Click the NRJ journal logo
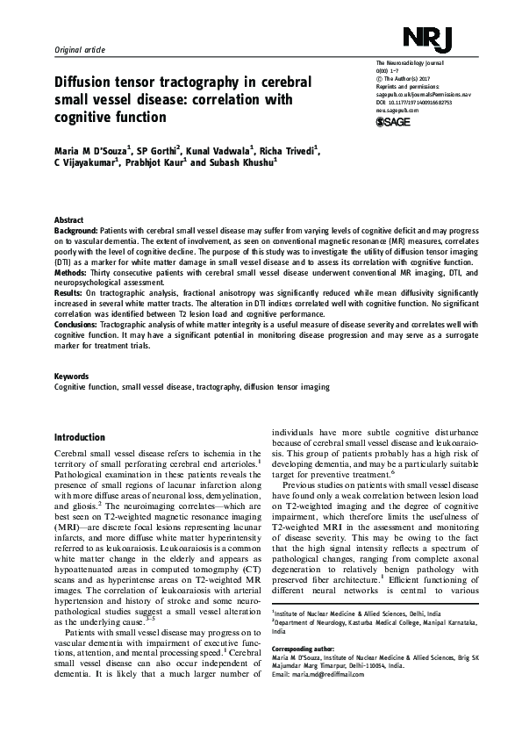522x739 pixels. pyautogui.click(x=433, y=38)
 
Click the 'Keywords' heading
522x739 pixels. pyautogui.click(x=72, y=377)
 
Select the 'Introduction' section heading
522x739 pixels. pyautogui.click(x=80, y=438)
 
